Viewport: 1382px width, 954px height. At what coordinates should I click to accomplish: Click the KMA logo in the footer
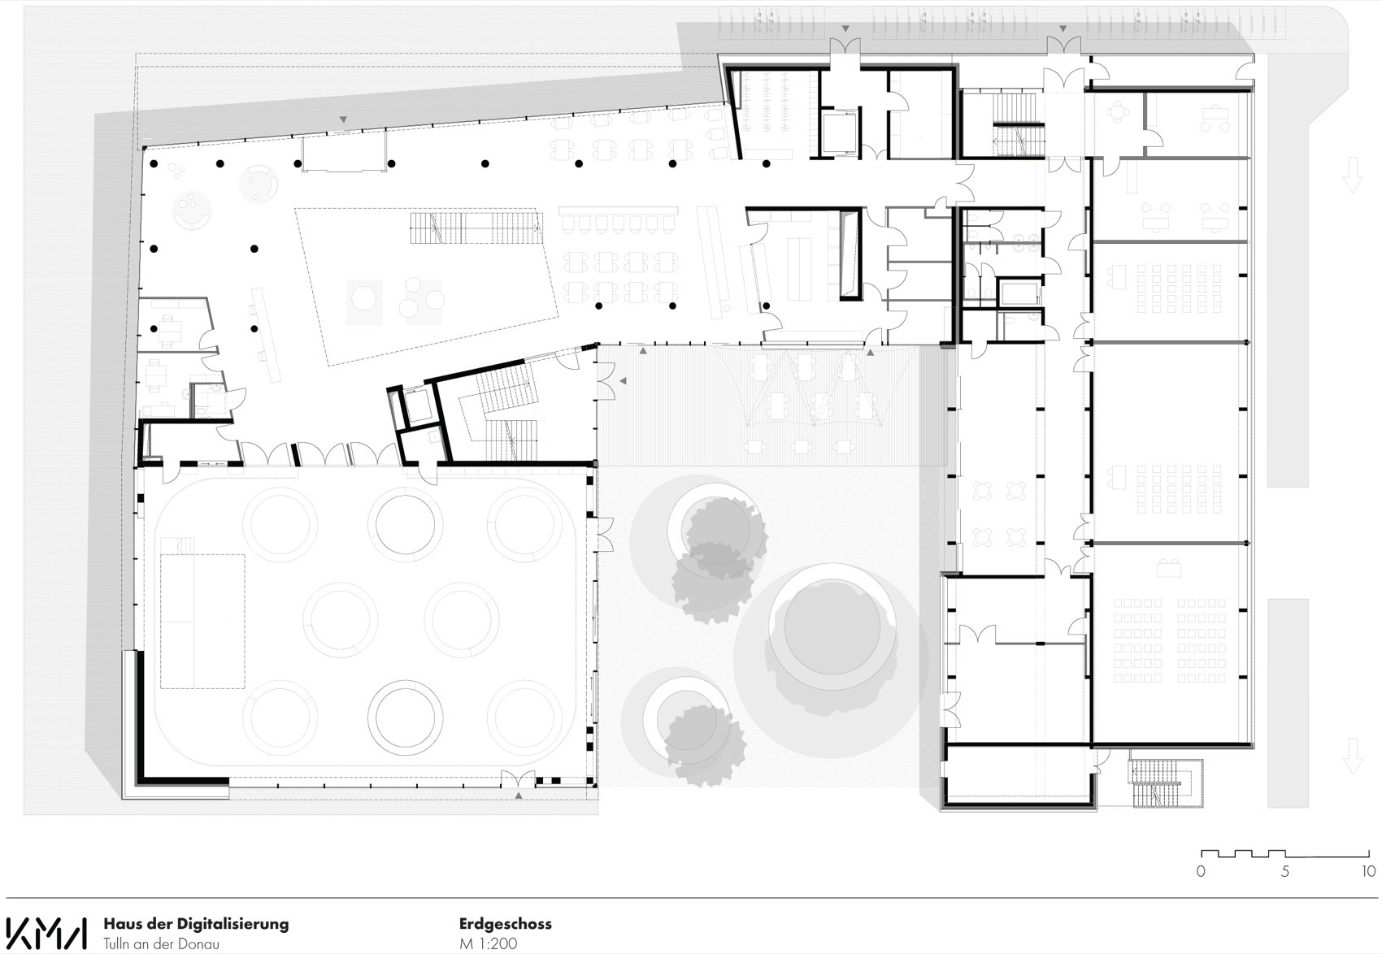46,933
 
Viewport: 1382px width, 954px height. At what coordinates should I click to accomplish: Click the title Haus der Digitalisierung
196,924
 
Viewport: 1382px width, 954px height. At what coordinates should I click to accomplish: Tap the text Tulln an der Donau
161,944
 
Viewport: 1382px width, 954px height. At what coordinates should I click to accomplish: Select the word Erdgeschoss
505,924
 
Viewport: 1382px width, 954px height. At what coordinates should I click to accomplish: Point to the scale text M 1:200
488,944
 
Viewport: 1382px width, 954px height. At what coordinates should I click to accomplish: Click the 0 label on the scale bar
1201,872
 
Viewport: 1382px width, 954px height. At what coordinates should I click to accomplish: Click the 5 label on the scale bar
1284,872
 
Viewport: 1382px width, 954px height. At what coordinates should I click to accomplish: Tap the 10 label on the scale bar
1367,872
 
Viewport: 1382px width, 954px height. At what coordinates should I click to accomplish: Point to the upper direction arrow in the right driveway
1352,175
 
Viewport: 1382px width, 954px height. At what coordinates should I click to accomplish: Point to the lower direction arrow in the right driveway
1352,756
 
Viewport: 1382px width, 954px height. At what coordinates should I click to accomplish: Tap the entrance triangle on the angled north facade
343,119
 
